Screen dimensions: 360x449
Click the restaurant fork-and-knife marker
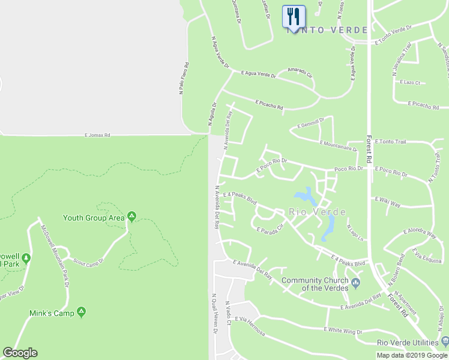(x=294, y=16)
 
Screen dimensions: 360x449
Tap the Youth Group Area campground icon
(x=131, y=217)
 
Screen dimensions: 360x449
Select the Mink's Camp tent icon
(x=81, y=312)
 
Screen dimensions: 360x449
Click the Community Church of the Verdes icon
(x=356, y=282)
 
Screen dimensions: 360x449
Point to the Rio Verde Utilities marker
(x=444, y=342)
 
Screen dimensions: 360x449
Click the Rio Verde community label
(x=317, y=212)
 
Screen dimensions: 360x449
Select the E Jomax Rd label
(x=98, y=136)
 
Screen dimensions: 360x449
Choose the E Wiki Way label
(x=387, y=201)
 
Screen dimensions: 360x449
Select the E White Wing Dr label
(x=343, y=330)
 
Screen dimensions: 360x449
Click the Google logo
(x=20, y=353)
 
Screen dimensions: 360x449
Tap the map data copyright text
(x=412, y=355)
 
